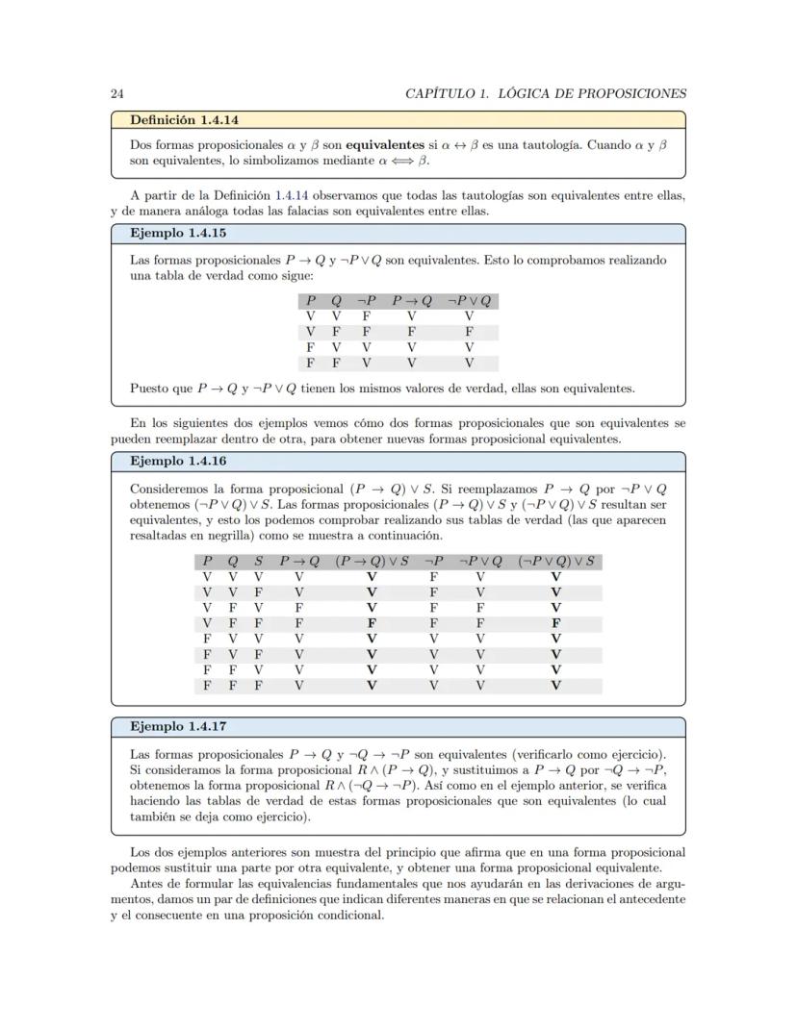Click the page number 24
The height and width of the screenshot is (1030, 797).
coord(116,93)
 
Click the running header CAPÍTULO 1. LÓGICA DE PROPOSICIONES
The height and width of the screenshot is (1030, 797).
coord(546,93)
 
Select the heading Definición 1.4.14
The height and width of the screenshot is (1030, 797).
coord(184,120)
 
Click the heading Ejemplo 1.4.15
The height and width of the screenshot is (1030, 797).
coord(178,234)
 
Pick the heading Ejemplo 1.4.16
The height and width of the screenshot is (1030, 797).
coord(178,461)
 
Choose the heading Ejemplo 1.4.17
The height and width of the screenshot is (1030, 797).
coord(178,726)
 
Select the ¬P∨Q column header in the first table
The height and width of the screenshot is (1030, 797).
coord(469,301)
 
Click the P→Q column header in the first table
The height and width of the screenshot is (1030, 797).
coord(411,301)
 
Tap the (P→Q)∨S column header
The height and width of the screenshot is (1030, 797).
coord(373,561)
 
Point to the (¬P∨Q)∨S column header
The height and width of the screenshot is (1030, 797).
coord(555,561)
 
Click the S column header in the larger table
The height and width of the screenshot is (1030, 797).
coord(258,561)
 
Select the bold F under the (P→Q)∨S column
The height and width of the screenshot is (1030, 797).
coord(372,622)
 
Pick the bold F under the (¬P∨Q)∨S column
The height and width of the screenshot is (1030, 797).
coord(555,622)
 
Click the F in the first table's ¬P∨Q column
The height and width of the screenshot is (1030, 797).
coord(469,332)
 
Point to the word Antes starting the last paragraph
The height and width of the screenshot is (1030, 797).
coord(147,884)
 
